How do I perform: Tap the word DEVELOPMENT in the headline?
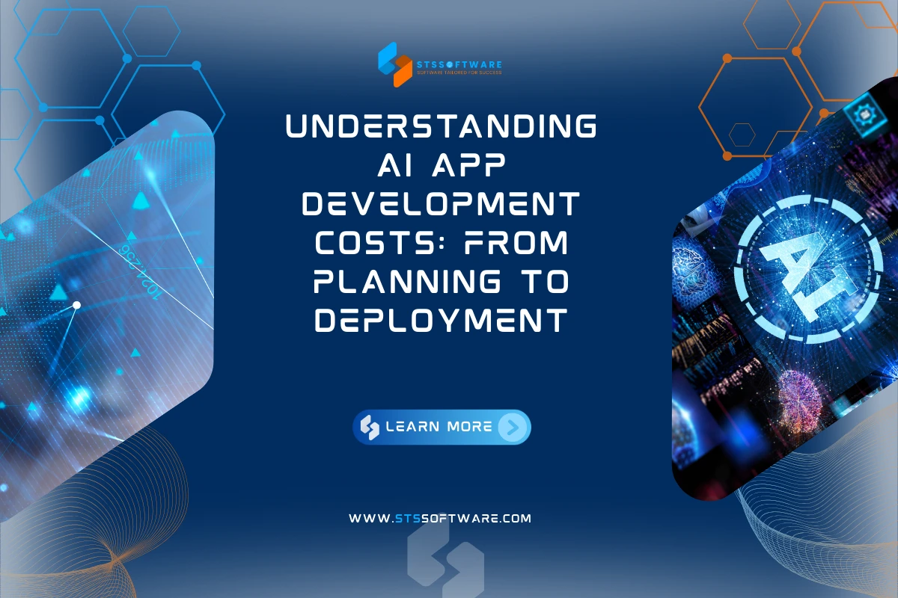click(442, 203)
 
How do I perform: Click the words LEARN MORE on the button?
click(439, 427)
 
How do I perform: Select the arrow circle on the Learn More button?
click(512, 427)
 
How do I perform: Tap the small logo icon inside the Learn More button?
click(370, 427)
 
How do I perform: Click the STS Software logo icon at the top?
click(394, 60)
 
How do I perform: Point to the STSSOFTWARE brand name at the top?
click(459, 64)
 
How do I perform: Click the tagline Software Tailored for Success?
click(459, 73)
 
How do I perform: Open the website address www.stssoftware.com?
click(440, 517)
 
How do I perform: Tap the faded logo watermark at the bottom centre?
click(445, 557)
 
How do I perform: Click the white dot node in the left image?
click(76, 305)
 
